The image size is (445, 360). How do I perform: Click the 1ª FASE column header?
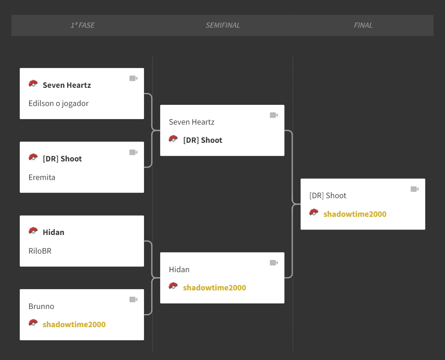(x=83, y=25)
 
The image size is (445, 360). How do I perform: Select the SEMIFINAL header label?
(x=223, y=25)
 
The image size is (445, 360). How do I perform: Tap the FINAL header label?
(x=363, y=25)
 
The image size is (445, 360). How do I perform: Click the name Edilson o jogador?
(x=59, y=103)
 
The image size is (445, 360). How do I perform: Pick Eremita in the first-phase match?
(x=42, y=177)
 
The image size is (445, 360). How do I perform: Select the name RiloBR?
(x=40, y=251)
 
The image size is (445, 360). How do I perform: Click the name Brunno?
(x=41, y=306)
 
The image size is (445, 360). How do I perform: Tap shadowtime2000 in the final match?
(x=355, y=214)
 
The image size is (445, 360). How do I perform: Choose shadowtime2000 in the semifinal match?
(x=214, y=288)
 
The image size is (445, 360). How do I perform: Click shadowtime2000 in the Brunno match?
(x=74, y=324)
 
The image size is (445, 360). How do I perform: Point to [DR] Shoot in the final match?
(x=328, y=195)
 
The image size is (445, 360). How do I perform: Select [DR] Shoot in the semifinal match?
(x=203, y=140)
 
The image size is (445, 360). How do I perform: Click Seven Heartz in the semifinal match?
(x=191, y=122)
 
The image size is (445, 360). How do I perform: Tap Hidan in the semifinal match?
(x=179, y=269)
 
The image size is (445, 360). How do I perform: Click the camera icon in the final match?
(x=415, y=189)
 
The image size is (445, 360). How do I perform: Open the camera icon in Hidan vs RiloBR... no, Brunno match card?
(x=133, y=299)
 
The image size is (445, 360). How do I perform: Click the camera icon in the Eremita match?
(x=133, y=152)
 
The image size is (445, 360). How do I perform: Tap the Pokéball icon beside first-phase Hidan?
(x=33, y=231)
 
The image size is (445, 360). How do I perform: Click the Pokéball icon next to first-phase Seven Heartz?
(x=33, y=84)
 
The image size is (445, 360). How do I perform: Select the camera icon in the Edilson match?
(x=133, y=78)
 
